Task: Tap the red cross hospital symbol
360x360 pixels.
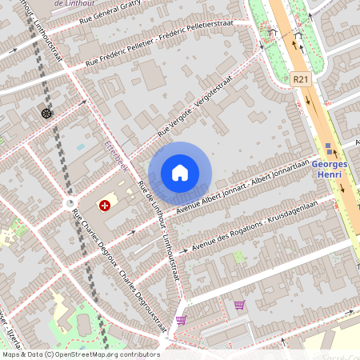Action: (x=104, y=205)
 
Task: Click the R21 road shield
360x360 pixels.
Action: (x=300, y=78)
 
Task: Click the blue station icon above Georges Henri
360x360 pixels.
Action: (x=330, y=148)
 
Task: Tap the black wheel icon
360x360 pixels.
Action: (x=46, y=113)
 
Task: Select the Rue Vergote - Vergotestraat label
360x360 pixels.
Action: (x=194, y=106)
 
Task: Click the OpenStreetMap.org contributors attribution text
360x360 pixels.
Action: (x=103, y=354)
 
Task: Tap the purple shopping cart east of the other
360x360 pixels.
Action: (x=238, y=305)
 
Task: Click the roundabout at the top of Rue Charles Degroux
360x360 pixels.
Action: (x=70, y=203)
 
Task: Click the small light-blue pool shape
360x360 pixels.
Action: (x=80, y=148)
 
